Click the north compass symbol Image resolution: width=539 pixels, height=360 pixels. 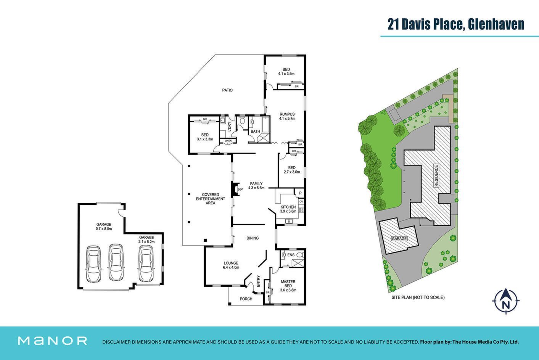(506, 301)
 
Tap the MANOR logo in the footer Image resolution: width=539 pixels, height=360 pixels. (53, 341)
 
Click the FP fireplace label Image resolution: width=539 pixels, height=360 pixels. (240, 190)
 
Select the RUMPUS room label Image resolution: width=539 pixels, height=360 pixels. (287, 114)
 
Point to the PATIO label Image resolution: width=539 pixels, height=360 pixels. (227, 90)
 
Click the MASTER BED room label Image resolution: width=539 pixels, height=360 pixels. (288, 283)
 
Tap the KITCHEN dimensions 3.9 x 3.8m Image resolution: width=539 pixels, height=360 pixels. (288, 211)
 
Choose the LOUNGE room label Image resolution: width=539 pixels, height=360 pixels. (231, 263)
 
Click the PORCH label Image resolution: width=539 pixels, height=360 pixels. (246, 299)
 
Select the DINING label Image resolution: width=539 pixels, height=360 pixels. (253, 238)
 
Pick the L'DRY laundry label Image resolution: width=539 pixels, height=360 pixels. (229, 126)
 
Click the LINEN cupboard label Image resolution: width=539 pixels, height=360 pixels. (228, 141)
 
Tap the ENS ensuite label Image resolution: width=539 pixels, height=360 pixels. (291, 255)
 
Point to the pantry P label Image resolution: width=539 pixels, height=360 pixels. (300, 193)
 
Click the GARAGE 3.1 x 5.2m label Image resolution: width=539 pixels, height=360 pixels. (146, 239)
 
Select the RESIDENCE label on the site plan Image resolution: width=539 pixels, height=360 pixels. (436, 175)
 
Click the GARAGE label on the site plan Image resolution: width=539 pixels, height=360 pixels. (399, 239)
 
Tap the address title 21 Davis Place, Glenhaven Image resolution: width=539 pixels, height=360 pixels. (456, 24)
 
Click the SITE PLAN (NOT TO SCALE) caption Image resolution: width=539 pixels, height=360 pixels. (418, 297)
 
